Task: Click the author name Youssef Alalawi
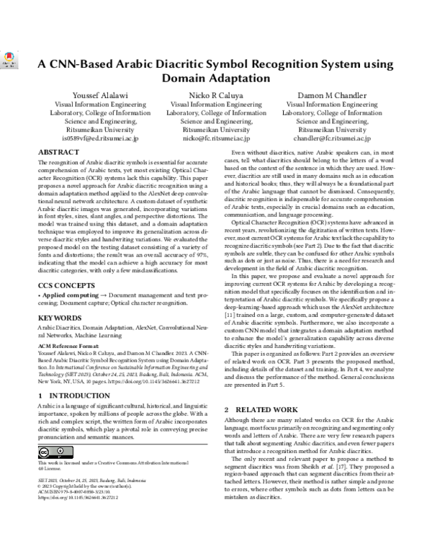click(x=96, y=95)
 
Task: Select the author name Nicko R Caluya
click(x=216, y=95)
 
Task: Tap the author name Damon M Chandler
click(x=332, y=95)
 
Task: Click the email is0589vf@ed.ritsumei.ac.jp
click(x=96, y=138)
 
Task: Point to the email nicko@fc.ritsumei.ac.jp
click(x=216, y=138)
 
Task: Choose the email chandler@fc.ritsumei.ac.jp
click(x=332, y=138)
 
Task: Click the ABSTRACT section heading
click(x=59, y=153)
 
